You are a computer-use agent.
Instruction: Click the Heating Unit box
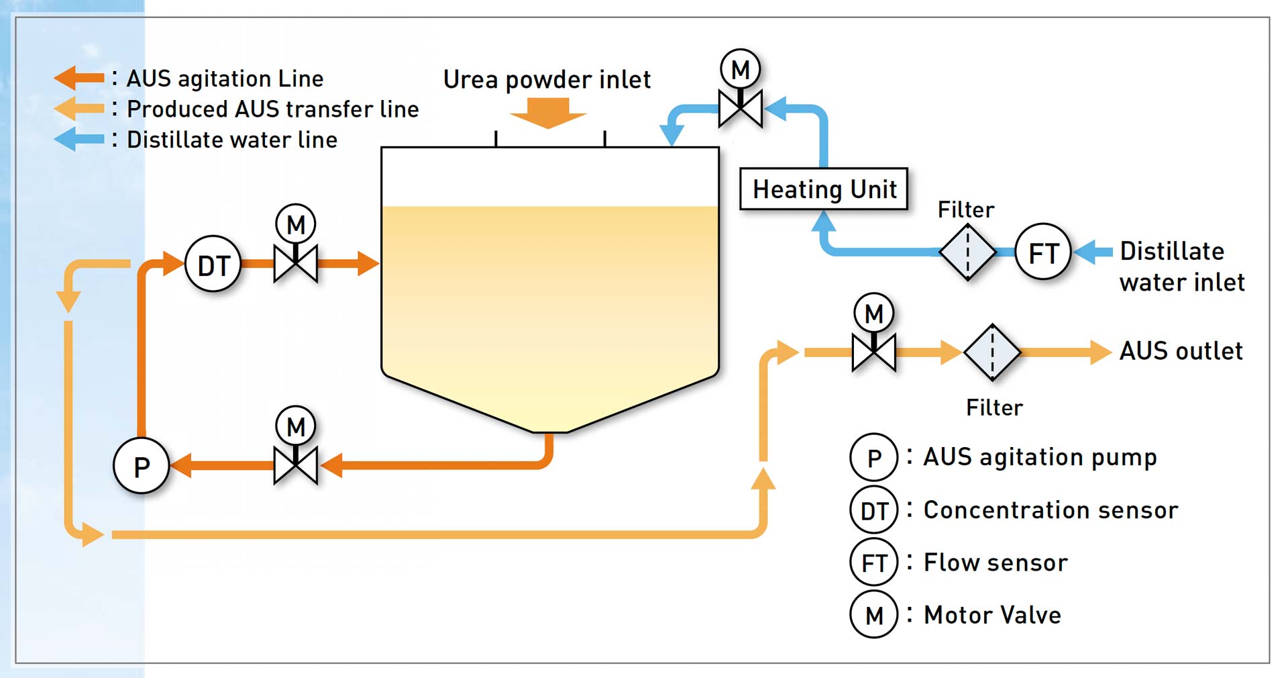[824, 189]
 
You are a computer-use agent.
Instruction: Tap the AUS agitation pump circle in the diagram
[141, 466]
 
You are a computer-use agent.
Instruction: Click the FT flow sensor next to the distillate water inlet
[1043, 252]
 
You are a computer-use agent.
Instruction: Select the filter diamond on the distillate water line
[967, 252]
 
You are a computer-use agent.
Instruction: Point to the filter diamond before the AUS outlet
[992, 352]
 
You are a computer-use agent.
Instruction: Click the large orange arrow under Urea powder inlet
[548, 113]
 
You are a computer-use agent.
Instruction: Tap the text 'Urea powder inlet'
[547, 79]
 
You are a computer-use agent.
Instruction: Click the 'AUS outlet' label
[1181, 351]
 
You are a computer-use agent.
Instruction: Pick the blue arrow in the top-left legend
[79, 140]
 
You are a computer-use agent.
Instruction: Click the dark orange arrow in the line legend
[79, 78]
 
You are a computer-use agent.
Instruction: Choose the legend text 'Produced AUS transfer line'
[272, 109]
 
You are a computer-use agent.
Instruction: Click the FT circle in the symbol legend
[874, 563]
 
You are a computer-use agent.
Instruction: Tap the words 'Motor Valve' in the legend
[992, 615]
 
